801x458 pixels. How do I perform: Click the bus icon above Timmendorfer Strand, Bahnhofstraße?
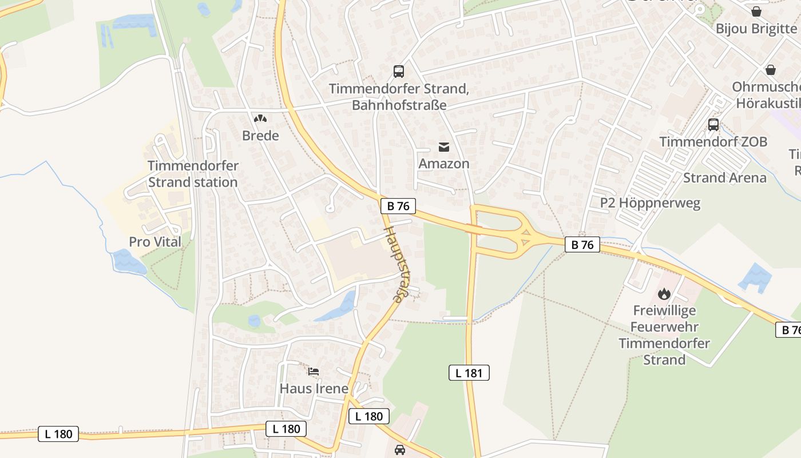point(399,72)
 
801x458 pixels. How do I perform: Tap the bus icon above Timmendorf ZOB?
point(713,124)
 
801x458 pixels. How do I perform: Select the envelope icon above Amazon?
point(444,147)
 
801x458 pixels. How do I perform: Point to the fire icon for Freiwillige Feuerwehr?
point(664,294)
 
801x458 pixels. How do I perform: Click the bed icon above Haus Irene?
point(314,372)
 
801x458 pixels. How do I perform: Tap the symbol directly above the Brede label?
point(260,119)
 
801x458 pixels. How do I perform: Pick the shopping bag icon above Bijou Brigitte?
point(756,11)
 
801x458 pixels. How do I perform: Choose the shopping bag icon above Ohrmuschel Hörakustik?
point(771,70)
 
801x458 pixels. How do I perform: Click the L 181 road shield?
point(469,373)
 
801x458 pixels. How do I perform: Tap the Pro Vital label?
point(155,242)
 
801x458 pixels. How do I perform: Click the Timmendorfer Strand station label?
point(193,174)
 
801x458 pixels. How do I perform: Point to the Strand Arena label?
point(725,177)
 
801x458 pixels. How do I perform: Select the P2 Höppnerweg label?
point(650,203)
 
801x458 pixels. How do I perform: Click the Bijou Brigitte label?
point(756,29)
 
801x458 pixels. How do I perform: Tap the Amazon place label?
point(444,164)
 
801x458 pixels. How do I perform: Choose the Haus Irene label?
point(314,389)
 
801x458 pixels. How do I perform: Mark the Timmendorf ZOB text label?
point(713,141)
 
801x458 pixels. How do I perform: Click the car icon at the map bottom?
point(400,450)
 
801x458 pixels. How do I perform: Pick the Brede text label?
point(260,136)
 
